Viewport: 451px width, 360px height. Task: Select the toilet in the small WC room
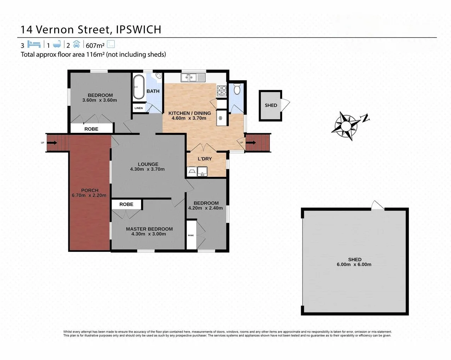point(237,89)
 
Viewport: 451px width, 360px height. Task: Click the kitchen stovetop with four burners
point(221,90)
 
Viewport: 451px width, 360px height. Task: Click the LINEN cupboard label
point(139,108)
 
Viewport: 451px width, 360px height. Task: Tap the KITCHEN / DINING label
point(190,113)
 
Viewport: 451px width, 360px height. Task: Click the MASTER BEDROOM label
point(149,229)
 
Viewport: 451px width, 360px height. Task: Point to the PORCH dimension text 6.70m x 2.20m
point(90,195)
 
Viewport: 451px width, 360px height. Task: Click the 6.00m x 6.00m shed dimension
point(354,265)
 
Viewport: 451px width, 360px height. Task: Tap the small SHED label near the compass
point(271,105)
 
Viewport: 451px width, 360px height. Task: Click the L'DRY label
point(205,159)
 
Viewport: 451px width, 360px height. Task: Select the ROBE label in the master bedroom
point(126,204)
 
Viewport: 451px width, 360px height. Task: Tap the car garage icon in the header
point(77,44)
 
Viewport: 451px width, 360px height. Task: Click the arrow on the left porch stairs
point(53,143)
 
